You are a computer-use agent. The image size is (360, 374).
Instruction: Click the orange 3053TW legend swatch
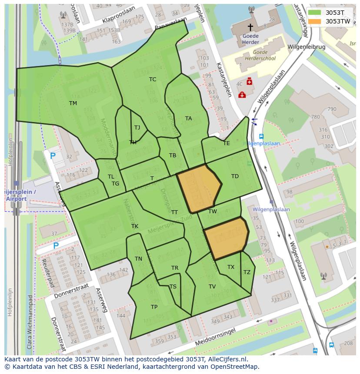[314, 21]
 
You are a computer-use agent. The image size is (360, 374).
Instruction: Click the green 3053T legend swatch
[314, 13]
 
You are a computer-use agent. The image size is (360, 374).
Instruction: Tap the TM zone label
[73, 103]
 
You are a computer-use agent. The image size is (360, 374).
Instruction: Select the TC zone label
[153, 79]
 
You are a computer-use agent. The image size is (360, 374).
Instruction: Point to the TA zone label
[188, 118]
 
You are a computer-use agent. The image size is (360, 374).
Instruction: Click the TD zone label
[235, 176]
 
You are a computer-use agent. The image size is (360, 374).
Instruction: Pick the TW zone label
[212, 212]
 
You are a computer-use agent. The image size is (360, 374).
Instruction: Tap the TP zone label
[154, 307]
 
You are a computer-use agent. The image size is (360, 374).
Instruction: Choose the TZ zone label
[247, 272]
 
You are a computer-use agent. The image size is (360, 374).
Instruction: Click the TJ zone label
[137, 127]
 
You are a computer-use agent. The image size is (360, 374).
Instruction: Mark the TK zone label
[135, 226]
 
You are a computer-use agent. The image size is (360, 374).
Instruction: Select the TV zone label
[212, 286]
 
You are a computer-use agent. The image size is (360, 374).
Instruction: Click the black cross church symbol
[250, 27]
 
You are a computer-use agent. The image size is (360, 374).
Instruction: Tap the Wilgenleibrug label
[306, 46]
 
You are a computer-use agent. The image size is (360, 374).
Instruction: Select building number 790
[332, 109]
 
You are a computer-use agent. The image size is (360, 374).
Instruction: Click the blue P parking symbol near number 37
[56, 245]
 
